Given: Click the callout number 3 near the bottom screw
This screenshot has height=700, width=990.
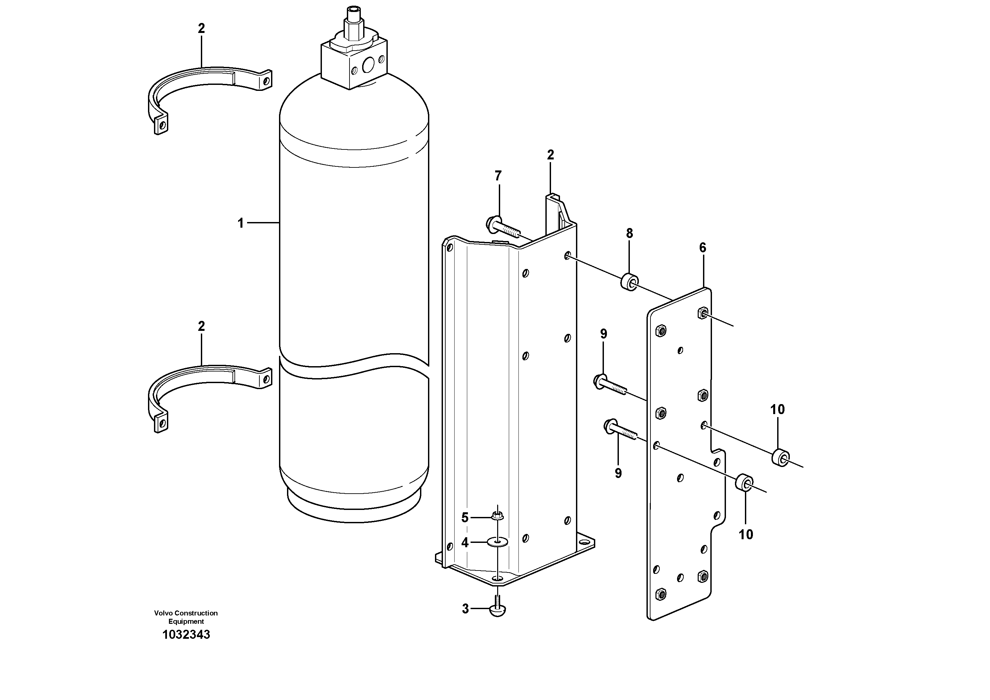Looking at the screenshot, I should (x=465, y=609).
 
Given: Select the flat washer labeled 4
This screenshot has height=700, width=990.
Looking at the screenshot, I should (x=497, y=542).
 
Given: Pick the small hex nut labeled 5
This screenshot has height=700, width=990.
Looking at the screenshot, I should (x=497, y=515).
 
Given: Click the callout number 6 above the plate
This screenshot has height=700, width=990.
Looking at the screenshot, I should (x=703, y=248).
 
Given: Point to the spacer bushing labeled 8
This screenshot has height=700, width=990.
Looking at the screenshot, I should (x=630, y=282).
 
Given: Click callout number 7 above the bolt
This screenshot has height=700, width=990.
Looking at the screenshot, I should (x=498, y=176).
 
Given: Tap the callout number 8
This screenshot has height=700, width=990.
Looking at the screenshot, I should (x=630, y=233).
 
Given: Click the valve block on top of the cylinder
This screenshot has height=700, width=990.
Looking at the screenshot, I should (x=354, y=63).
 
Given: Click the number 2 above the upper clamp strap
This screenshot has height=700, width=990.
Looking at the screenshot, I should (x=202, y=29).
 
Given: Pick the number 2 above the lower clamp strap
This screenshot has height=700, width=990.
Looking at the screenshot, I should (x=202, y=326).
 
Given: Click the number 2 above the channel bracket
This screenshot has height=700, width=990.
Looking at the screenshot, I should (x=550, y=154).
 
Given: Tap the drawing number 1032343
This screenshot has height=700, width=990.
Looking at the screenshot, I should (x=186, y=634).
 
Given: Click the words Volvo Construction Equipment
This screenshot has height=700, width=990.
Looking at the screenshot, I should (x=186, y=617).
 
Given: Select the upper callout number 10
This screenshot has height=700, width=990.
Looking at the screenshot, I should (x=778, y=409).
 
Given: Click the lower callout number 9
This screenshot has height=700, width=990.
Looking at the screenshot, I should (x=618, y=473).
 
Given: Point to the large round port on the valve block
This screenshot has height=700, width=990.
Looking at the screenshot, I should (x=369, y=65).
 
